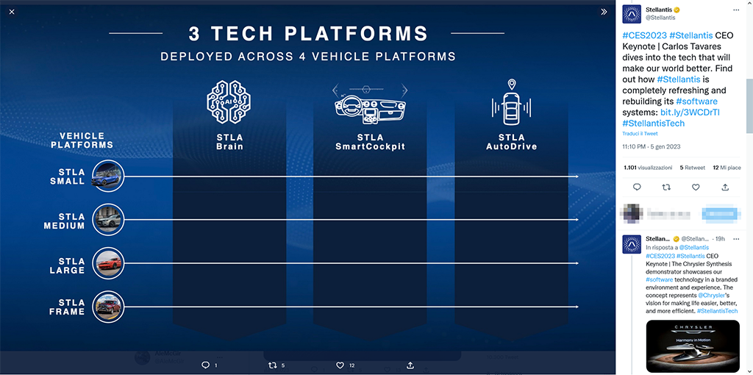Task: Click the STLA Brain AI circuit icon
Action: coord(229,102)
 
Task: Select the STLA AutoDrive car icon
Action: coord(511,103)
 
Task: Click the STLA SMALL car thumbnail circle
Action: coord(109,176)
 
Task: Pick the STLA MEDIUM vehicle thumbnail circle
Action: coord(109,219)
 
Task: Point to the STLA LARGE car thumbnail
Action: coord(109,262)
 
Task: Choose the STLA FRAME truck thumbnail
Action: coord(109,306)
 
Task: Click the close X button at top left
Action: coord(12,12)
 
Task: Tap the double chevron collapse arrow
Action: coord(604,12)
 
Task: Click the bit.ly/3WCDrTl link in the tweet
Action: coord(690,113)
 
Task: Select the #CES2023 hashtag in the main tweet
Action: coord(643,35)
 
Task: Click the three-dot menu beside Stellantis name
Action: coord(736,10)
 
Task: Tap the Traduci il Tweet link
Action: coord(640,134)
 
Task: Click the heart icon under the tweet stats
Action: coord(696,187)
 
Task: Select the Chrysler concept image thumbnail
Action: coord(693,346)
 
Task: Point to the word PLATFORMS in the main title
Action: coord(356,34)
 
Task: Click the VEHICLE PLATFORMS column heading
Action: coord(82,140)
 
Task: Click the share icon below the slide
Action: coord(410,365)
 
